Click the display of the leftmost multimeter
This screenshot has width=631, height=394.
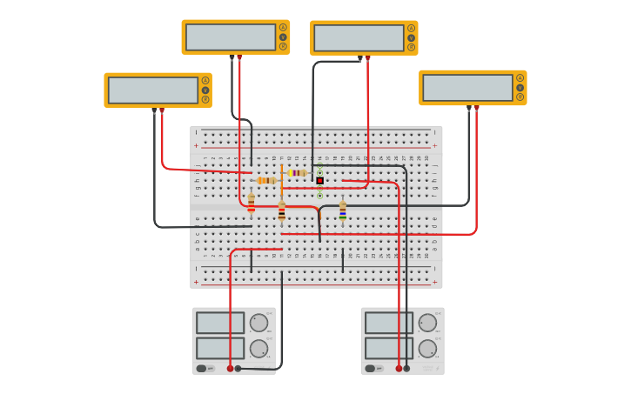coord(153,90)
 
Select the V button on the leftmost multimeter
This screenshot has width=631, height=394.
coord(205,90)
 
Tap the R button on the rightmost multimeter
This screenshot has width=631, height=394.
coord(520,97)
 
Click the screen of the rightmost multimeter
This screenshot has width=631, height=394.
coord(467,87)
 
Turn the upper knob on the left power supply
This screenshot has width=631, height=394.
coord(258,323)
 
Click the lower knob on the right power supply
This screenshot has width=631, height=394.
coord(427,349)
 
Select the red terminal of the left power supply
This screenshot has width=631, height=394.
coord(230,368)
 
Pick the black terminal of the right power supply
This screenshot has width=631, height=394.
coord(406,368)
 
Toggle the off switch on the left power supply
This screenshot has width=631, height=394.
coord(201,368)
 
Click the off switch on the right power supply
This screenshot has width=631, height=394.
coord(370,368)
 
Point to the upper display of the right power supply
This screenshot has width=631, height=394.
coord(389,323)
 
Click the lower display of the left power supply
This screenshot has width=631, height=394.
coord(220,348)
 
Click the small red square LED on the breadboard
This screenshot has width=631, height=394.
coord(319,181)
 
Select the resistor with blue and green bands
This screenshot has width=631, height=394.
coord(342,210)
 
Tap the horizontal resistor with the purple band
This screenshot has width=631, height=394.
coord(297,173)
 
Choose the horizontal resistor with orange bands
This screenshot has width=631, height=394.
coord(266,180)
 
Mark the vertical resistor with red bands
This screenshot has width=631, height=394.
coord(252,204)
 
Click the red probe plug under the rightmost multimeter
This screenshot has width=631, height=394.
coord(476,108)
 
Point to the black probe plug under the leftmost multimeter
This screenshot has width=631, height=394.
coord(154,110)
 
